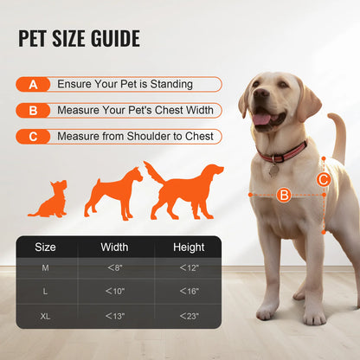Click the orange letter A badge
33,85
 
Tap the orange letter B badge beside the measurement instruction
33,111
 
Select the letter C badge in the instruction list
33,137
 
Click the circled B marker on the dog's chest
283,196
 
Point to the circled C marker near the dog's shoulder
322,179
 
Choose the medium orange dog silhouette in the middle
112,193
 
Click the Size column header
46,247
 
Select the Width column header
114,247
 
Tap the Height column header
189,247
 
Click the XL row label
46,316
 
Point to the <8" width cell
114,268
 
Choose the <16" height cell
189,292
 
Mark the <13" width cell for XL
114,316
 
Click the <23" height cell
189,316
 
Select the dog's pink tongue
260,119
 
